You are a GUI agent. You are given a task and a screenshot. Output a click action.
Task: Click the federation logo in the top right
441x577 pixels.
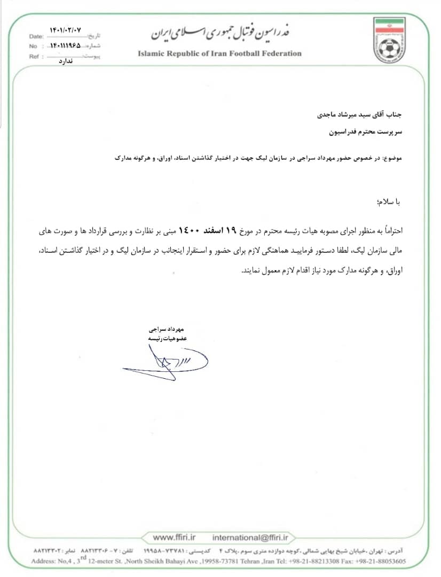(x=397, y=41)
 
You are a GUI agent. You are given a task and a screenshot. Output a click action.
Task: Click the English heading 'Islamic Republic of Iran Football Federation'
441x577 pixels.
(x=219, y=53)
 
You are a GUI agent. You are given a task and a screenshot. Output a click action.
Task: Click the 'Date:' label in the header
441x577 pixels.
(x=37, y=37)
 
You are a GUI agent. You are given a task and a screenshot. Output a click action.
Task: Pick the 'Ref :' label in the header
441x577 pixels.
(x=36, y=56)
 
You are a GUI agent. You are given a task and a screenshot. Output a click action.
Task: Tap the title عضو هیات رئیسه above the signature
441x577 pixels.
(x=161, y=338)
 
